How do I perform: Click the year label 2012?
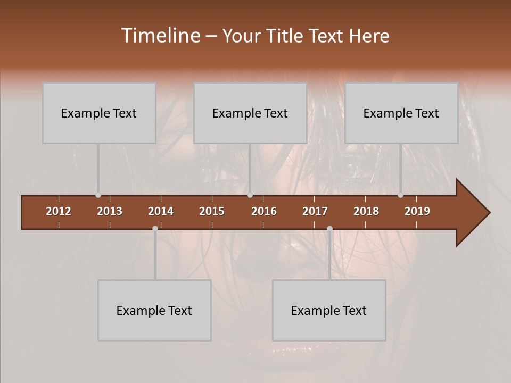tap(59, 211)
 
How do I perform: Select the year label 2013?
tap(110, 211)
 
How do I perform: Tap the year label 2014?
tap(161, 211)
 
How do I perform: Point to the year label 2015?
tap(212, 211)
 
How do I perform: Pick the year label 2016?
tap(264, 211)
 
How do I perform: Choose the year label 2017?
tap(315, 211)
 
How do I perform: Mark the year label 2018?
tap(366, 211)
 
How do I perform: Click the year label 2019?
tap(417, 211)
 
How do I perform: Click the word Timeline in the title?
tap(160, 36)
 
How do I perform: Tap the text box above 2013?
tap(99, 113)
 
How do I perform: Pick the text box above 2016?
tap(250, 113)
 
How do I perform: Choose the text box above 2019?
tap(401, 113)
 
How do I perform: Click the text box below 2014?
tap(154, 310)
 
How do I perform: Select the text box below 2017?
tap(329, 310)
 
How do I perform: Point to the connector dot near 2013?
tap(98, 195)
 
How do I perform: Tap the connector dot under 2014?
tap(155, 228)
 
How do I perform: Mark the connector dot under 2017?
tap(329, 228)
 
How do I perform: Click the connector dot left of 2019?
tap(400, 195)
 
